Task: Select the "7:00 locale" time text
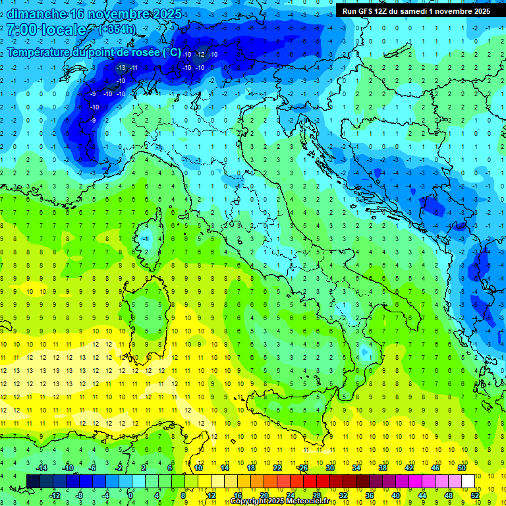pyautogui.click(x=46, y=30)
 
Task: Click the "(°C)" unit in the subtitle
pyautogui.click(x=171, y=52)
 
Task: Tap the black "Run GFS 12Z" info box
pyautogui.click(x=416, y=11)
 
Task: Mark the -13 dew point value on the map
pyautogui.click(x=121, y=67)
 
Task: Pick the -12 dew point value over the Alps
pyautogui.click(x=200, y=54)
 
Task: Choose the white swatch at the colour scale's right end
pyautogui.click(x=468, y=481)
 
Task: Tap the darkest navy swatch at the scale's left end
pyautogui.click(x=33, y=481)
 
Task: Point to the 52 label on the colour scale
pyautogui.click(x=476, y=495)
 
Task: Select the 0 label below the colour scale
pyautogui.click(x=130, y=495)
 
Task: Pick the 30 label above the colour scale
pyautogui.click(x=330, y=467)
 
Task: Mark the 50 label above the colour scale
pyautogui.click(x=462, y=467)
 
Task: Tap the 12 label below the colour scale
pyautogui.click(x=211, y=495)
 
